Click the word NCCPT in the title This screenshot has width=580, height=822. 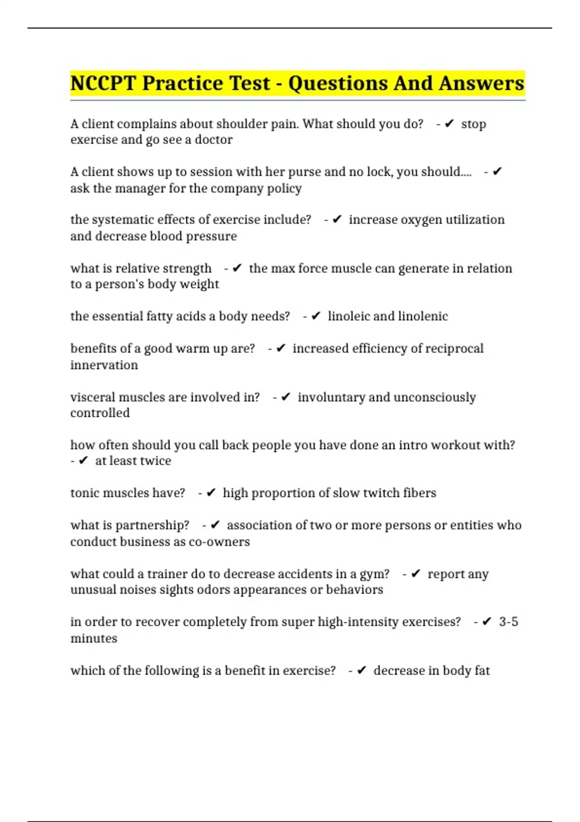coord(103,83)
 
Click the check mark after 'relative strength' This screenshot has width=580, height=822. coord(237,268)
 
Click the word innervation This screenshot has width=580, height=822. coord(104,365)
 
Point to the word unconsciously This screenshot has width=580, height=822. coord(435,397)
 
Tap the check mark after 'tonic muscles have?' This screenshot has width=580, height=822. coord(211,493)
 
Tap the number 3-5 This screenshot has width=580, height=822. coord(508,622)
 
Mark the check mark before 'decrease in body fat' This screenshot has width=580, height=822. coord(362,671)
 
